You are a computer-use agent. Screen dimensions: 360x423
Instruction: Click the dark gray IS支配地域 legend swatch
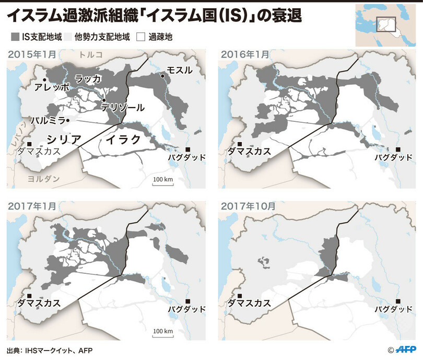14,37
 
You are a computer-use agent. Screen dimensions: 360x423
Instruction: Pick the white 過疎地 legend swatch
140,37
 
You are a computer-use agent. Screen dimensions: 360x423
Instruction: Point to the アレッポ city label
51,87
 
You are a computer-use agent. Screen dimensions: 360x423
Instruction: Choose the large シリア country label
64,139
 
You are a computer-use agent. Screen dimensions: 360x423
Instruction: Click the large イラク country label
124,140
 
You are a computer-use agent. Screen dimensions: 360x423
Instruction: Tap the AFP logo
407,349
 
